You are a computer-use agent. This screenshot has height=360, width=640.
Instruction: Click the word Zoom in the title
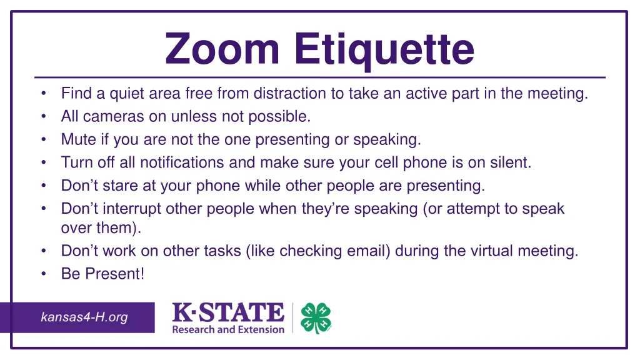pos(224,50)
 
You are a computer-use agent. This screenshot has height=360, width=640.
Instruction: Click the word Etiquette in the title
pos(384,50)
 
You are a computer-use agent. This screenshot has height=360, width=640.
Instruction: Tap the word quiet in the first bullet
pos(127,94)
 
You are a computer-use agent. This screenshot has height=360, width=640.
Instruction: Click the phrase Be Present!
pos(102,274)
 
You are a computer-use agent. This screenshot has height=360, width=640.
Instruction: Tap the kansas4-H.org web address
pos(84,317)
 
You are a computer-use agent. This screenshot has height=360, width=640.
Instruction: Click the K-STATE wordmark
pos(228,312)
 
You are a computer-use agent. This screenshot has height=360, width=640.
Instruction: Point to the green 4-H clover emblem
pos(316,319)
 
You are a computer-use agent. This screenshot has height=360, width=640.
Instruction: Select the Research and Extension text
pos(228,329)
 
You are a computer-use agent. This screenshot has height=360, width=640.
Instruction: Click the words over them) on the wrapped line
pos(101,228)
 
